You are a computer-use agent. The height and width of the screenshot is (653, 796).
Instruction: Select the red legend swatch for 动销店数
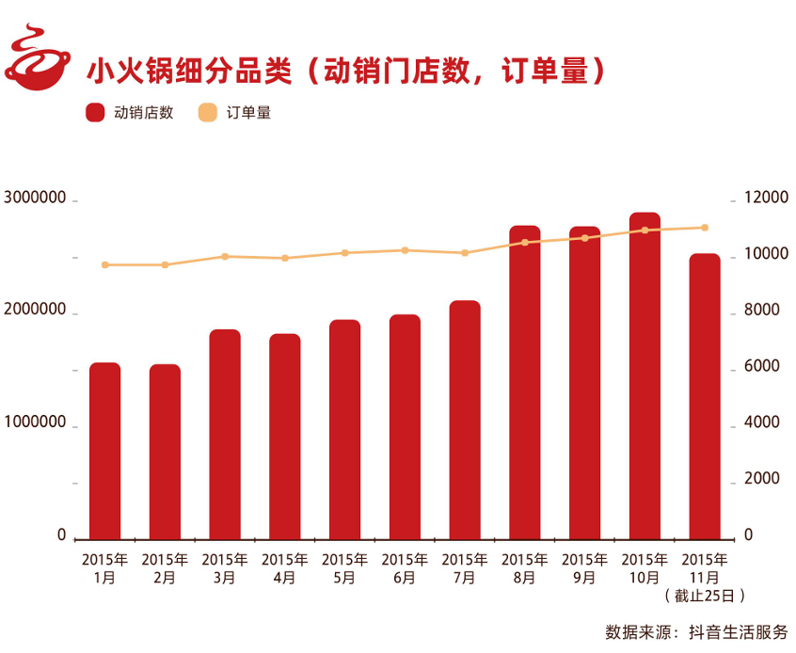pyautogui.click(x=95, y=113)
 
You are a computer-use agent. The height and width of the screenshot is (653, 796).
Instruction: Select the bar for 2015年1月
pyautogui.click(x=104, y=450)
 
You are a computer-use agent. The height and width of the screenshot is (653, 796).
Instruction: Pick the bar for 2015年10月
pyautogui.click(x=645, y=375)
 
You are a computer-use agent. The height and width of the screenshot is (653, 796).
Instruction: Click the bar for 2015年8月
pyautogui.click(x=524, y=382)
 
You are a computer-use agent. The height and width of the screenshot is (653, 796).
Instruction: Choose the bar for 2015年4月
pyautogui.click(x=285, y=436)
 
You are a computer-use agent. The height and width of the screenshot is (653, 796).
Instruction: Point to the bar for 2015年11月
pyautogui.click(x=705, y=396)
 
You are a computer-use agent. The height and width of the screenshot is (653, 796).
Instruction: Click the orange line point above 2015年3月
pyautogui.click(x=225, y=256)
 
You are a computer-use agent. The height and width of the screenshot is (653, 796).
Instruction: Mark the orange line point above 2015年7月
pyautogui.click(x=465, y=253)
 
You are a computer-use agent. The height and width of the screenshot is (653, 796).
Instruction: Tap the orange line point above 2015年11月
pyautogui.click(x=705, y=228)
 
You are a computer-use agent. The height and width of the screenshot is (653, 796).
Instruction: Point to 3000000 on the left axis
pyautogui.click(x=35, y=199)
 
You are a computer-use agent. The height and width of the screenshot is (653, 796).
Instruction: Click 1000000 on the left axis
pyautogui.click(x=35, y=423)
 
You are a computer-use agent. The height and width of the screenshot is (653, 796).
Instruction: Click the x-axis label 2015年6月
pyautogui.click(x=405, y=568)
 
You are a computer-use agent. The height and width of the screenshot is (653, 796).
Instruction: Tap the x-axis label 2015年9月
pyautogui.click(x=584, y=568)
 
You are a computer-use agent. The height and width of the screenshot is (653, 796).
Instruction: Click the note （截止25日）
pyautogui.click(x=704, y=596)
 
